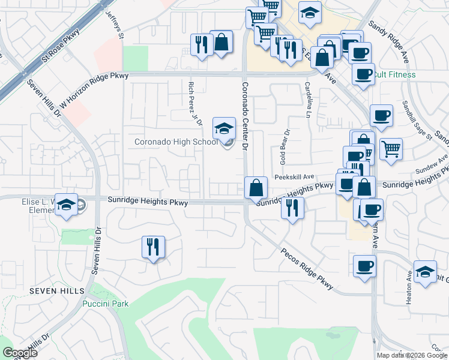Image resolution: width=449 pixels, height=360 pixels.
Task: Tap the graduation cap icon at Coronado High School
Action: pos(224,128)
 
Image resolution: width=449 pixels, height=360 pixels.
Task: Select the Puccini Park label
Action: pos(105,304)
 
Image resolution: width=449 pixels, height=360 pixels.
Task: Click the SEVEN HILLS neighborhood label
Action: pos(57,290)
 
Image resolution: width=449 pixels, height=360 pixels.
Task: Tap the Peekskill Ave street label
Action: pos(295,177)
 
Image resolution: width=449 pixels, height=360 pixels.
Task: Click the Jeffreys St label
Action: pos(114,24)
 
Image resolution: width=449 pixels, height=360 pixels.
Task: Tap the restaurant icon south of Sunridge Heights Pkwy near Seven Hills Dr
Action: pos(153,247)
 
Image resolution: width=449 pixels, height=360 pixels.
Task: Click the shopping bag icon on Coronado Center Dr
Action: pos(256,187)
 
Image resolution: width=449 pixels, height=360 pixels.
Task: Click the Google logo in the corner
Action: pos(20,353)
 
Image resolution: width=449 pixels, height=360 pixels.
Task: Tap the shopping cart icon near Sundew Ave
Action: pos(391,148)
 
